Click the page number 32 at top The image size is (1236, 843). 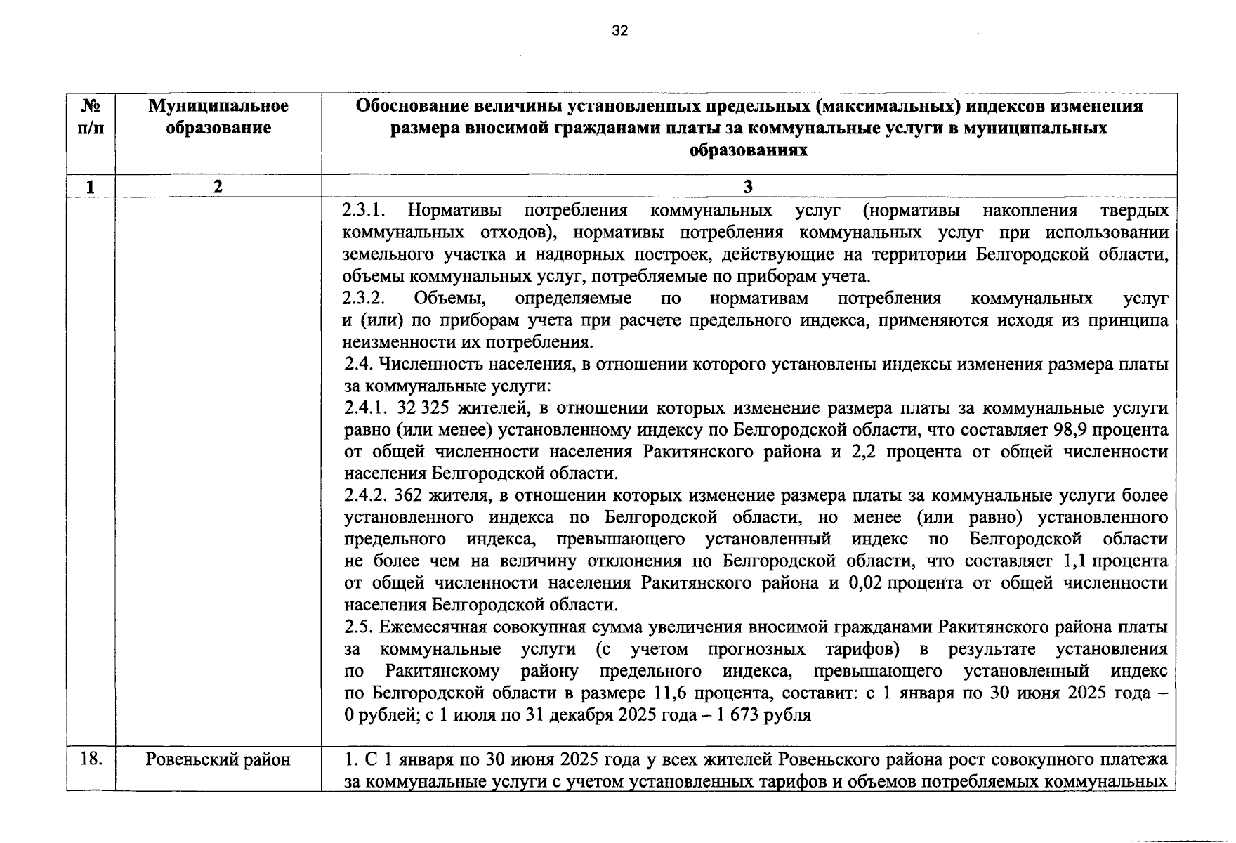(619, 30)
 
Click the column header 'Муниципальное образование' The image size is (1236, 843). (218, 117)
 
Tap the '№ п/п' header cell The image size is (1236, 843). (91, 117)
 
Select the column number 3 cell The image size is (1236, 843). (748, 186)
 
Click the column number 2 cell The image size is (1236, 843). (218, 186)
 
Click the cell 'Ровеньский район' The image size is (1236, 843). (218, 759)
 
